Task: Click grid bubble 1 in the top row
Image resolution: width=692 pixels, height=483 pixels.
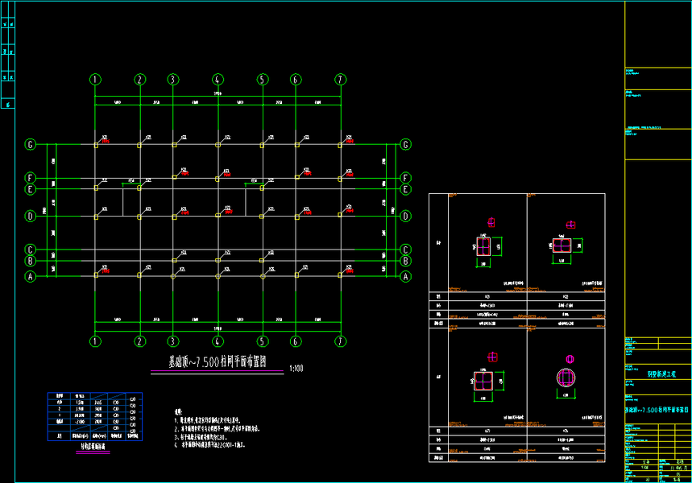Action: point(95,79)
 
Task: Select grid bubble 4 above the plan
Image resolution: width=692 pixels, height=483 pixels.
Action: point(218,79)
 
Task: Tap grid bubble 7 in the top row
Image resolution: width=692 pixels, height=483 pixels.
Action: point(341,79)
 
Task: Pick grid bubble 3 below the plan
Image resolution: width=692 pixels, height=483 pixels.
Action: point(173,341)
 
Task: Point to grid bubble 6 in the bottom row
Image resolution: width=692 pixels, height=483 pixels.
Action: point(296,341)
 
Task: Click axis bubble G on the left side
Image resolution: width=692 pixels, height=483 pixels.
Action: point(31,145)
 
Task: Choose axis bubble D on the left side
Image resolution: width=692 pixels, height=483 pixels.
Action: point(31,216)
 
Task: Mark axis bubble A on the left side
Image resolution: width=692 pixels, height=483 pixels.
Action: point(31,276)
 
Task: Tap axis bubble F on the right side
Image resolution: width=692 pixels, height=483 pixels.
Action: point(406,177)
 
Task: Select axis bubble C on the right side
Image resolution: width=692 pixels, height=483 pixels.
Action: point(406,250)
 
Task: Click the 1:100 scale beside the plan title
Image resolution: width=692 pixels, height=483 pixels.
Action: point(296,369)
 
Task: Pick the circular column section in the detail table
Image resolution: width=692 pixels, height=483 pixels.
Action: point(566,376)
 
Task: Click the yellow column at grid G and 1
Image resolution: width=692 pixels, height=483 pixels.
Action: point(95,145)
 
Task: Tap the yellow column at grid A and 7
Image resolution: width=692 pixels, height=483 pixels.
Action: point(341,276)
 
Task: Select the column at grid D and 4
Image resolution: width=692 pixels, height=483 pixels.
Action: point(218,216)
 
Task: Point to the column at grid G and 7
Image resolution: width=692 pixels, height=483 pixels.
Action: point(341,145)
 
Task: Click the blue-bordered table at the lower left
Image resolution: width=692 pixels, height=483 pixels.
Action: point(94,415)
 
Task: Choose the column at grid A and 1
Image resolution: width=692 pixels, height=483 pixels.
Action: point(95,276)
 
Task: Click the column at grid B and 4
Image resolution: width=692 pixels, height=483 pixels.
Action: point(218,261)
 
